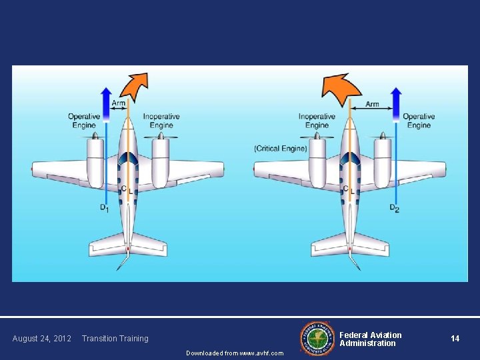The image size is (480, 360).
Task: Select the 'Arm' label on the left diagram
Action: pyautogui.click(x=118, y=103)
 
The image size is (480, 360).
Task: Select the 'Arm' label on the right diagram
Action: pyautogui.click(x=372, y=104)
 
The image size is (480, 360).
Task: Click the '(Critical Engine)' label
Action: pyautogui.click(x=281, y=148)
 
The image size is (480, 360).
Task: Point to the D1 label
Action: pyautogui.click(x=105, y=209)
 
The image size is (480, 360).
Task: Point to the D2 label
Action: pyautogui.click(x=394, y=209)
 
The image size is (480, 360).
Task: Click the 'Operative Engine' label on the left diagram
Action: pyautogui.click(x=84, y=121)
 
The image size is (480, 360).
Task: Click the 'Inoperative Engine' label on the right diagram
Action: pyautogui.click(x=317, y=121)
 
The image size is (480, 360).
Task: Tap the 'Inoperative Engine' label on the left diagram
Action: pyautogui.click(x=161, y=121)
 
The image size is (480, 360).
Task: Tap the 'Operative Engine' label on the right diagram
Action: pyautogui.click(x=419, y=121)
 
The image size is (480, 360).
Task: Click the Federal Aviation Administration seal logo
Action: pyautogui.click(x=317, y=338)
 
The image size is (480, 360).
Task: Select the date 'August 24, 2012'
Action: pyautogui.click(x=41, y=339)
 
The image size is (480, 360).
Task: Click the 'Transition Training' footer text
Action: pyautogui.click(x=115, y=339)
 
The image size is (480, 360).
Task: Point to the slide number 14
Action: pyautogui.click(x=455, y=339)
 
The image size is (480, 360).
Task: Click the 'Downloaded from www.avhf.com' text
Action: pyautogui.click(x=235, y=353)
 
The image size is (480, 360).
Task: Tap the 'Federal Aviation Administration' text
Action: pyautogui.click(x=371, y=339)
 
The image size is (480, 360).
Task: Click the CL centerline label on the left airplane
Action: pyautogui.click(x=126, y=189)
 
